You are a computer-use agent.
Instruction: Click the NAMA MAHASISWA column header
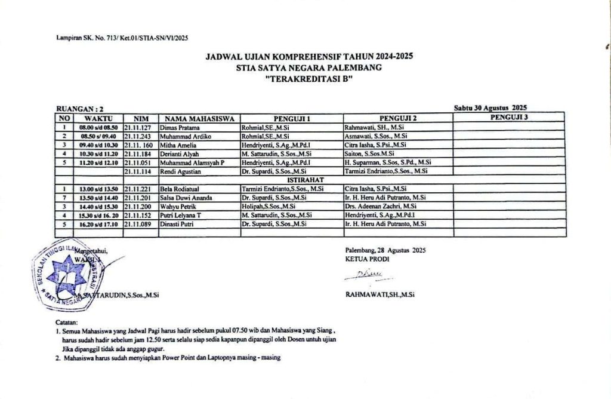tap(199, 118)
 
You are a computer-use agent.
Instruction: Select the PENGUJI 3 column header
tap(509, 118)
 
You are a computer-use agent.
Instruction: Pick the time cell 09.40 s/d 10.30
tap(98, 145)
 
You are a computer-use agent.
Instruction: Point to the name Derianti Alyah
tap(180, 154)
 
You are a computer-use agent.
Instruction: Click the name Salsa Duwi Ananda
tap(185, 198)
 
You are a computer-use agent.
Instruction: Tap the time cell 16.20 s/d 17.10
tap(98, 223)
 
